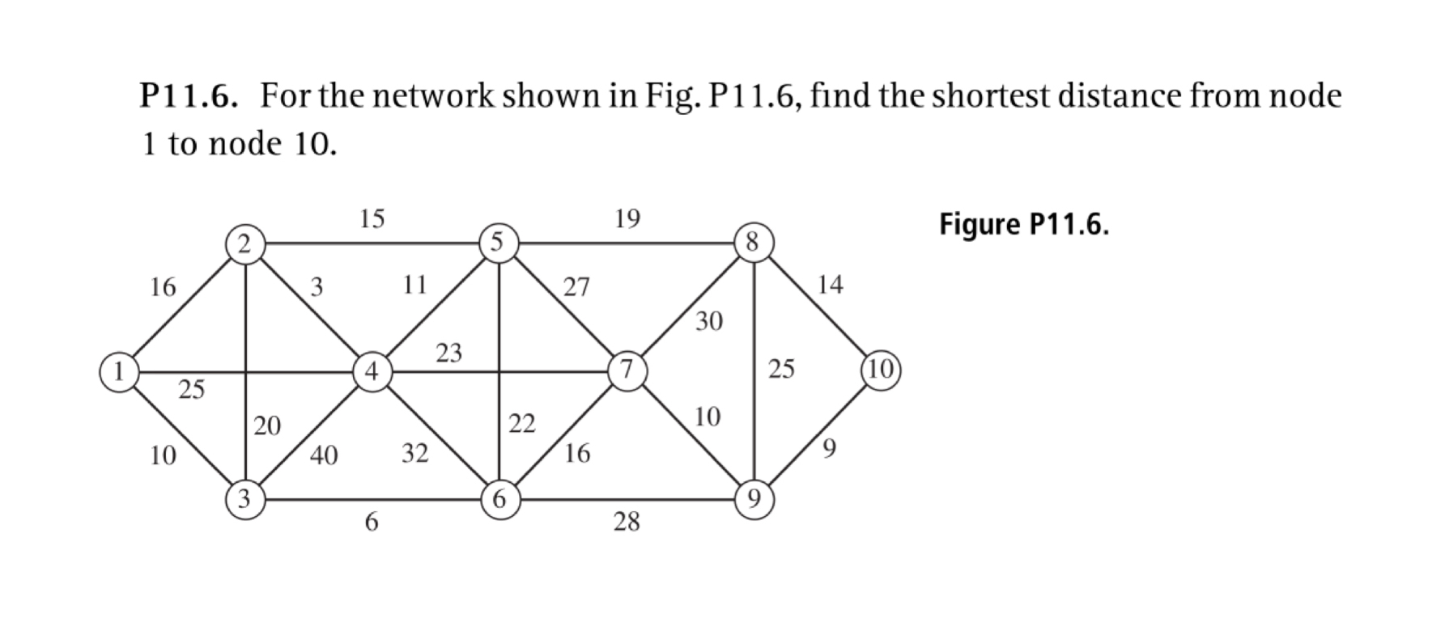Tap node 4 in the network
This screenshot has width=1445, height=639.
click(372, 372)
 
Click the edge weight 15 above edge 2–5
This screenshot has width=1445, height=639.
click(372, 218)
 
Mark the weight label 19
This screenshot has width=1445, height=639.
click(627, 218)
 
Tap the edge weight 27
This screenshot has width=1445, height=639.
click(576, 287)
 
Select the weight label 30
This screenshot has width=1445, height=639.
click(708, 322)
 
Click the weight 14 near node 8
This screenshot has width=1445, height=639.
click(830, 285)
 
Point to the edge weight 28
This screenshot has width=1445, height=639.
click(627, 523)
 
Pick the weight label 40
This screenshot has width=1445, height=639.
click(324, 456)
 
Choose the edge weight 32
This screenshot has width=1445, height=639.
click(415, 454)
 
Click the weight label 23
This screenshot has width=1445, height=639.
click(448, 353)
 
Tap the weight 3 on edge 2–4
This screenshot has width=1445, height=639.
click(317, 287)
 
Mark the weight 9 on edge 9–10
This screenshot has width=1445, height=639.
click(829, 447)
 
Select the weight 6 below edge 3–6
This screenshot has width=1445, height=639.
click(371, 523)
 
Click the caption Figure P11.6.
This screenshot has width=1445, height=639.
click(1023, 225)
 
